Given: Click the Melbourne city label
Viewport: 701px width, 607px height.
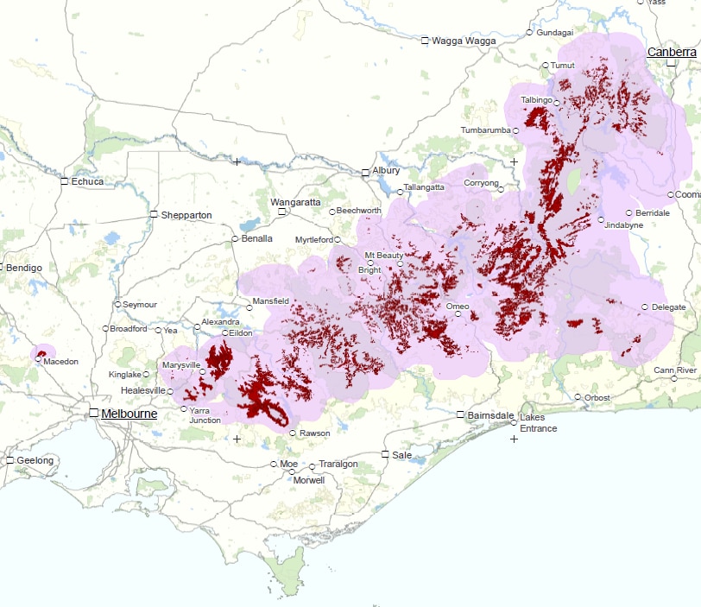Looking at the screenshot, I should (x=129, y=414).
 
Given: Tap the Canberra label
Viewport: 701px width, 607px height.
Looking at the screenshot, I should (x=672, y=52).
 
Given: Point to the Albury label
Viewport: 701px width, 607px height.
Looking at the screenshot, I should (x=386, y=171).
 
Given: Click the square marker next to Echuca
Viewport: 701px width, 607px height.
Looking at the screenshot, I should (x=64, y=181).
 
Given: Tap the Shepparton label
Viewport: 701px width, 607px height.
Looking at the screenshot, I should (x=186, y=215).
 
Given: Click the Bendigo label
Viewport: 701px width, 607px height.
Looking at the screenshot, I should (x=23, y=268).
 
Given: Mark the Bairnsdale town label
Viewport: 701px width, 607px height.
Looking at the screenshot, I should (x=491, y=414).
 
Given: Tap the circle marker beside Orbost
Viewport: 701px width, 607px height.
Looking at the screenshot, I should (x=578, y=397).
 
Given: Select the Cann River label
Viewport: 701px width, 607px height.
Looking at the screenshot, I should (x=675, y=370).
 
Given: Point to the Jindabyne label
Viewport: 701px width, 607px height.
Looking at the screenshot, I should (x=624, y=224).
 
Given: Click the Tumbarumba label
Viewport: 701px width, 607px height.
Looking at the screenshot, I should (x=485, y=130).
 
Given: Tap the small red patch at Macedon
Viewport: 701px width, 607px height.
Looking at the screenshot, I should (x=41, y=354).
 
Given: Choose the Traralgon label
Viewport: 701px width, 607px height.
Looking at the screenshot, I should (x=338, y=464).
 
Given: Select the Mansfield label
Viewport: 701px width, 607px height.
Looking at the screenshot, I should (x=271, y=301).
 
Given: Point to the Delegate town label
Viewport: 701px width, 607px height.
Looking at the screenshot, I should (x=669, y=307).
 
